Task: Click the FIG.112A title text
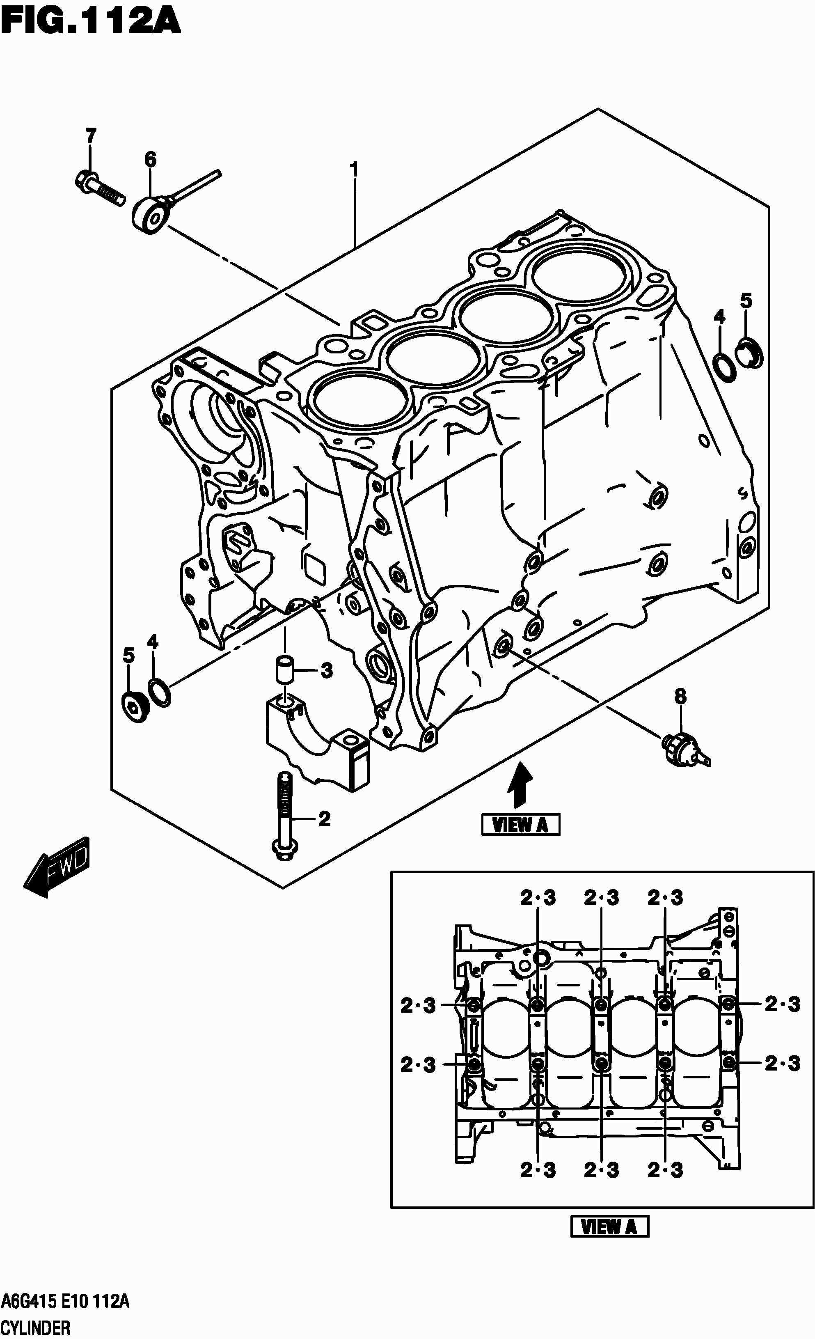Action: tap(90, 23)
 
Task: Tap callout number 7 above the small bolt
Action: tap(90, 135)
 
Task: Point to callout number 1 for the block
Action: tap(354, 170)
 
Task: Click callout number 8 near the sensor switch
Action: tap(680, 696)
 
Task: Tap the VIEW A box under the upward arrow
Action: tap(520, 825)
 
